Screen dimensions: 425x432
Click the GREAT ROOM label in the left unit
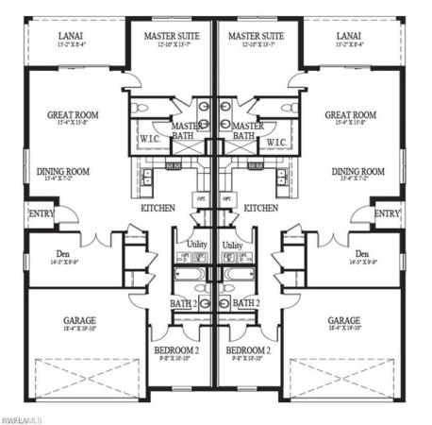coord(73,115)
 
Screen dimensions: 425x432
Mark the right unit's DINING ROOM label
coord(358,171)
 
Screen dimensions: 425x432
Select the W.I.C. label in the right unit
coord(275,143)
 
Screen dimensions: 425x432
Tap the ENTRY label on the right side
coord(387,214)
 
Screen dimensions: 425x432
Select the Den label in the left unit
coord(67,254)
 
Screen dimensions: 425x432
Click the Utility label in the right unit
coord(231,245)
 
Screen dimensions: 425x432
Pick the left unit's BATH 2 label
coord(184,303)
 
